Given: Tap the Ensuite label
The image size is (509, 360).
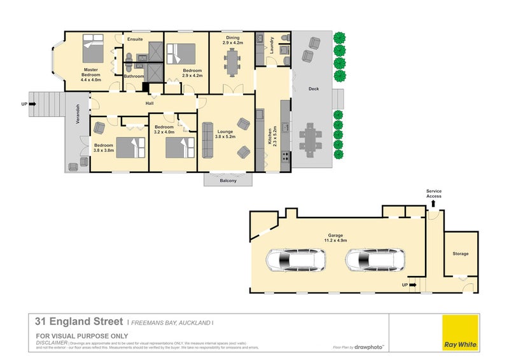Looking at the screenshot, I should (x=135, y=39).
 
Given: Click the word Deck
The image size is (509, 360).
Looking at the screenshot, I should (x=313, y=89).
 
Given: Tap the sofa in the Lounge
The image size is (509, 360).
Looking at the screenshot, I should (x=207, y=140).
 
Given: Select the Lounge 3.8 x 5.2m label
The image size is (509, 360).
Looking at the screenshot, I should (x=225, y=134).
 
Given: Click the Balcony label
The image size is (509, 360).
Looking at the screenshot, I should (x=228, y=181).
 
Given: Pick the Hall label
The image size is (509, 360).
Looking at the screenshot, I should (x=150, y=102).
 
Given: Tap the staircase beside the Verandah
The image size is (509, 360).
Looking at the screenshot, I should (x=45, y=104).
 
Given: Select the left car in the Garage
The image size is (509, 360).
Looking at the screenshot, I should (x=296, y=260).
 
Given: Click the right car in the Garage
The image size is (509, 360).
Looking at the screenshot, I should (x=375, y=260).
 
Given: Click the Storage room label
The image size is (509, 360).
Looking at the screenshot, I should (x=461, y=254).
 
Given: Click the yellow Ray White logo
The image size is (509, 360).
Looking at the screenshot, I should (x=460, y=333).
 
